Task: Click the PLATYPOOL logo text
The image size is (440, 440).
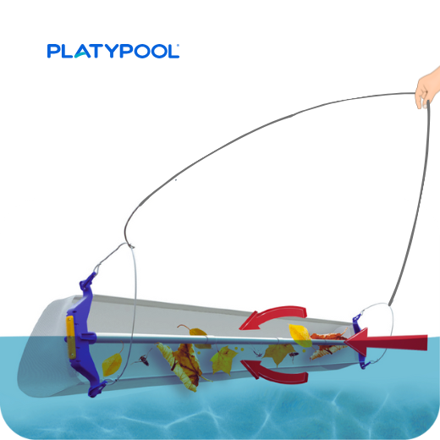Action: coord(113,51)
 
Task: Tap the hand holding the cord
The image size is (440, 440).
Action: coord(428,89)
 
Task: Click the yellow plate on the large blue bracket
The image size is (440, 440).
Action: coord(70,338)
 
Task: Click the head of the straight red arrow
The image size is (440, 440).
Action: coord(357,342)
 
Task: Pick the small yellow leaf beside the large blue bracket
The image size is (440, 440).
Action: coord(112,363)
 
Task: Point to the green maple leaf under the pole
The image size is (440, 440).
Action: coord(223,360)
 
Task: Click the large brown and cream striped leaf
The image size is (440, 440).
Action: coord(184,366)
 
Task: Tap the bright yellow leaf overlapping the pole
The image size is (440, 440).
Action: coord(300,335)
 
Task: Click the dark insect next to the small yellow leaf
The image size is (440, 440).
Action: coord(144,360)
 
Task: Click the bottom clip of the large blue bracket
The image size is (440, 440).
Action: coord(96,388)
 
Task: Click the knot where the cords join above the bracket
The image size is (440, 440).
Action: coord(130,246)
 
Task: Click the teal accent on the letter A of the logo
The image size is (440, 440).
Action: coord(81,54)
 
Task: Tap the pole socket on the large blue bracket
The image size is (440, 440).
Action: coord(88,337)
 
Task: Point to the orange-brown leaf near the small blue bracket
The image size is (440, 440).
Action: coord(327,345)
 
